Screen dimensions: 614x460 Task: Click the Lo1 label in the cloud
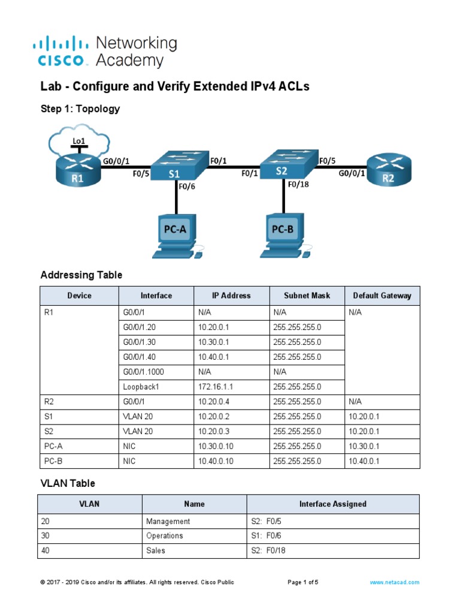(x=78, y=141)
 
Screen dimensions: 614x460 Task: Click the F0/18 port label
(x=298, y=185)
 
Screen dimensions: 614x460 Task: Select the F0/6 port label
(x=186, y=186)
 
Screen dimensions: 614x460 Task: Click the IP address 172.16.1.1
(x=214, y=387)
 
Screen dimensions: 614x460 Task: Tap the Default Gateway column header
(x=382, y=296)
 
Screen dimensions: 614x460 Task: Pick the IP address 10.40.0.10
(x=217, y=461)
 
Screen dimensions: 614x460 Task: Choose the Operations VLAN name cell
(x=165, y=535)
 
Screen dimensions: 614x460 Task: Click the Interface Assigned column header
(x=332, y=504)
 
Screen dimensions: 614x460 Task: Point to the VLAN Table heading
(x=68, y=483)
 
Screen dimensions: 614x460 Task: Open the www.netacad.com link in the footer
(x=394, y=582)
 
